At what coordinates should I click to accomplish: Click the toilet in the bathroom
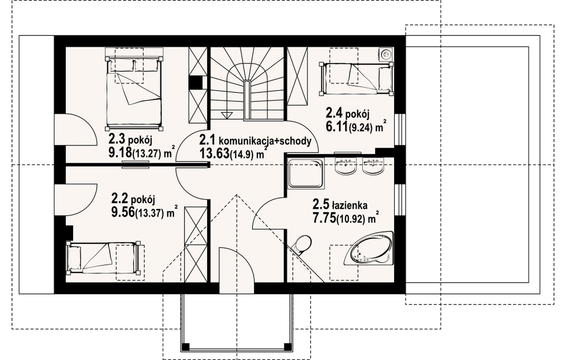coord(302,245)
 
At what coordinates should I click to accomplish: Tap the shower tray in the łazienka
coord(306,173)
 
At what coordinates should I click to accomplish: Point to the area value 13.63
coord(214,153)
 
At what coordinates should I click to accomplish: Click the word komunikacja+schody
coord(265,141)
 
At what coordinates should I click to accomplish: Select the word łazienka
coord(350,205)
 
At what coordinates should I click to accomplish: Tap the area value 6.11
coord(337,126)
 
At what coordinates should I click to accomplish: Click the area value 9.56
coord(123,212)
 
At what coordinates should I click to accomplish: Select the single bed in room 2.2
coord(103,258)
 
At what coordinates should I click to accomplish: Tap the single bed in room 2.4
coord(356,79)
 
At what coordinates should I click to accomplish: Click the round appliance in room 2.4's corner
coord(386,54)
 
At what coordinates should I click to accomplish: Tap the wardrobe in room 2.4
coord(297,76)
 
